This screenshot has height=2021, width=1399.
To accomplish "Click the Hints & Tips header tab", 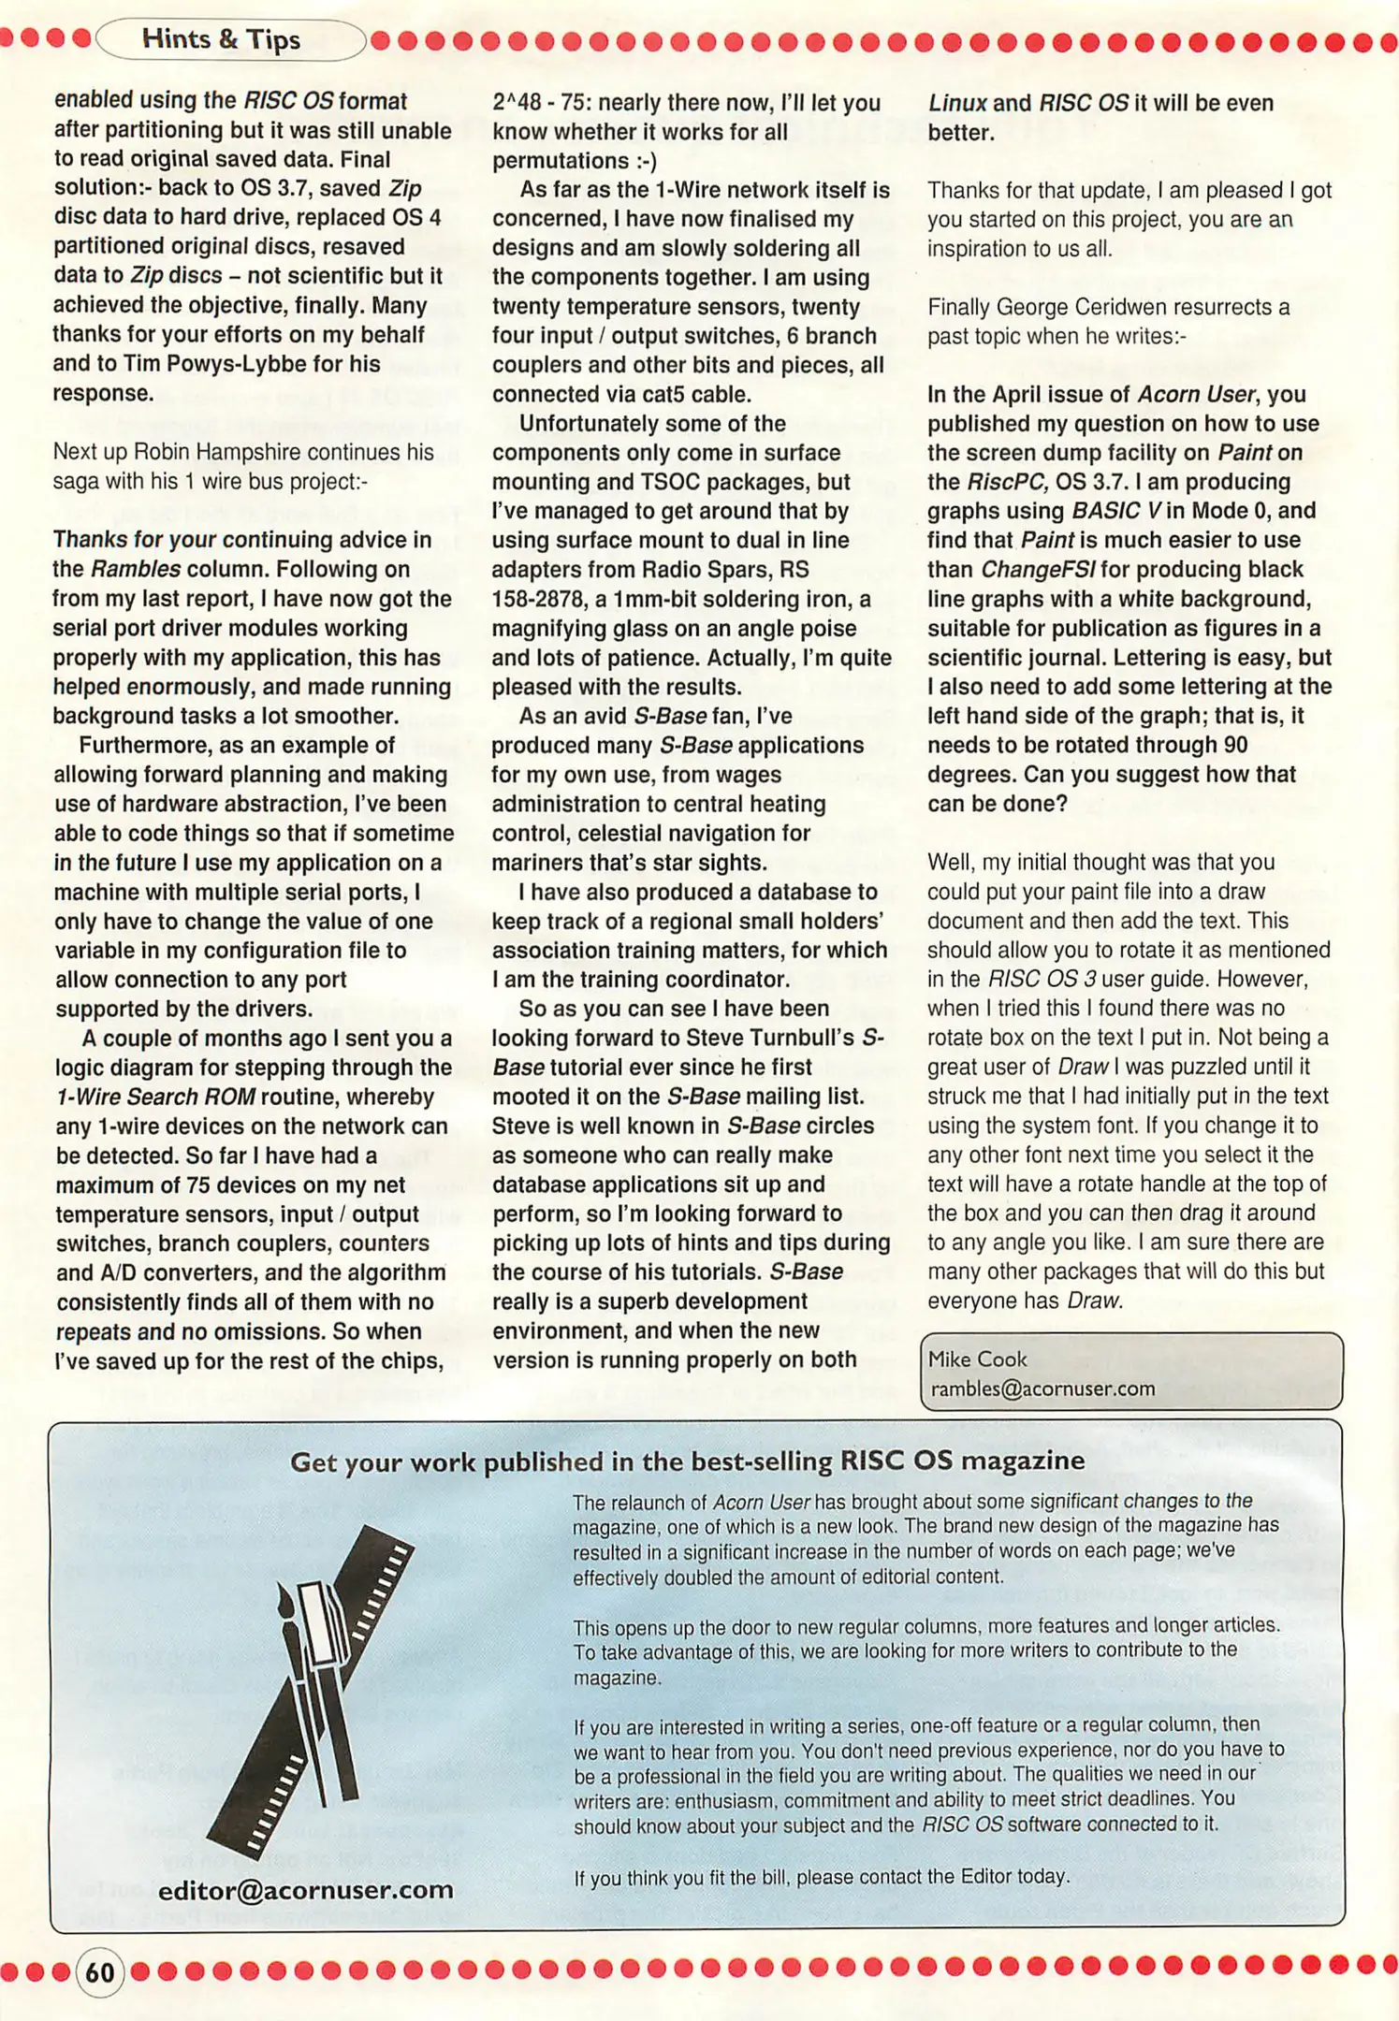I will point(221,39).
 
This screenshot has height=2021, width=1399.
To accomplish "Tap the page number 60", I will point(100,1972).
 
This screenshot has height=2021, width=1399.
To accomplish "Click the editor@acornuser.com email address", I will point(305,1889).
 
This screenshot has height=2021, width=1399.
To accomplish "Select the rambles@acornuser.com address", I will point(1042,1389).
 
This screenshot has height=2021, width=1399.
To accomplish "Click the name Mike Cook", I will point(977,1359).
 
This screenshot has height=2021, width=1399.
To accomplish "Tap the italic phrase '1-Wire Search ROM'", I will point(155,1097).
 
